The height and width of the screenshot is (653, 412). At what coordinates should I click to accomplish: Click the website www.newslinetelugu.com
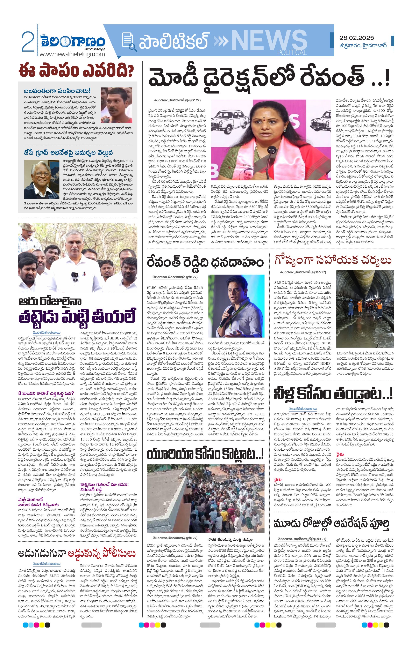(72, 54)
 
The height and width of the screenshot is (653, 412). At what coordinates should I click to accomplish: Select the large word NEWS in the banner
(269, 41)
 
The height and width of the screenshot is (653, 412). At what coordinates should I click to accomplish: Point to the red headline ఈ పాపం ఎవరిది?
(76, 70)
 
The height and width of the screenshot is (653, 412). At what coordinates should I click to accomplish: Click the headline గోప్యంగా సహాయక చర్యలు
(333, 260)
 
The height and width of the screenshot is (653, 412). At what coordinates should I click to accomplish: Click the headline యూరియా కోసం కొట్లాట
(205, 454)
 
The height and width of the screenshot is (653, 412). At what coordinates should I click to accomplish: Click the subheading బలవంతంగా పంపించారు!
(57, 91)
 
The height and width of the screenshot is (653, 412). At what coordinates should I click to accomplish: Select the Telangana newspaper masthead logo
(73, 42)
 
